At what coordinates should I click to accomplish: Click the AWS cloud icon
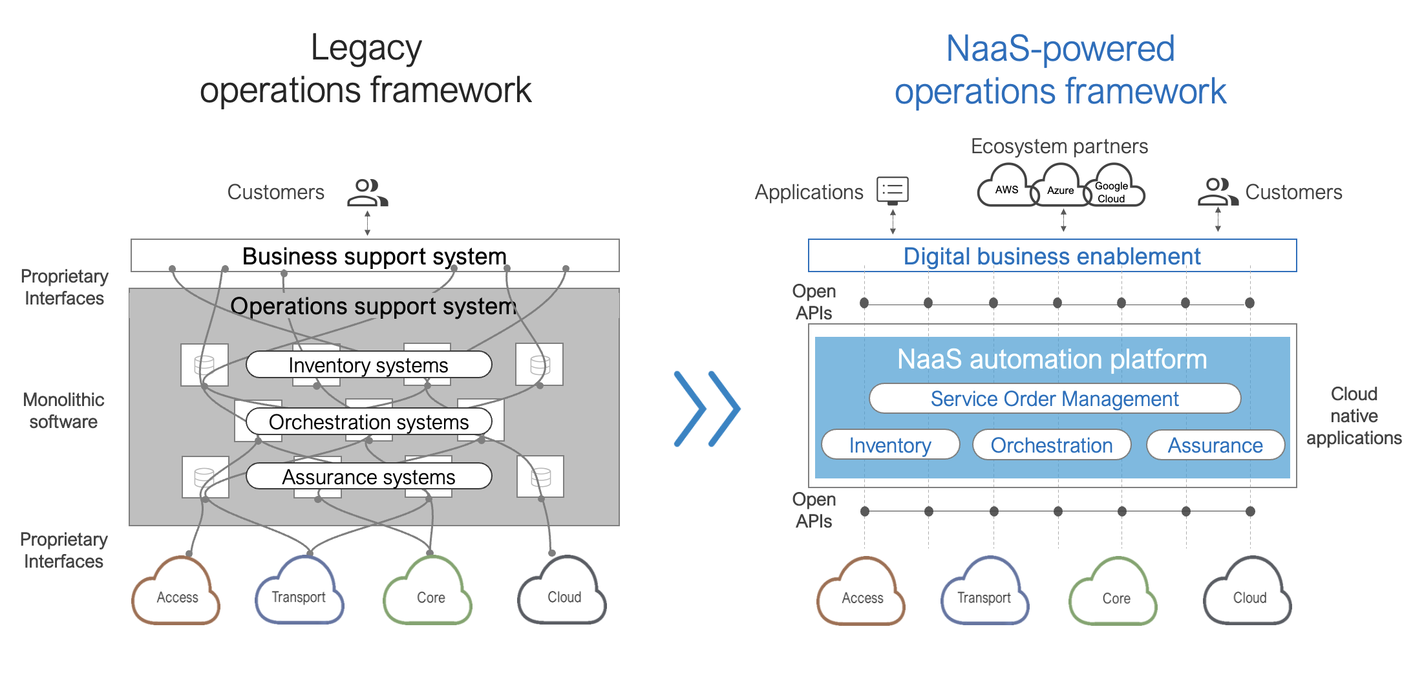tap(1006, 189)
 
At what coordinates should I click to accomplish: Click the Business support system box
tap(374, 256)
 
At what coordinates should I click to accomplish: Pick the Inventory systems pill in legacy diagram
tap(368, 365)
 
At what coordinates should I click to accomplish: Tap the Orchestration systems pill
tap(368, 422)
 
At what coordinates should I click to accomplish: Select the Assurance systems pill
tap(368, 477)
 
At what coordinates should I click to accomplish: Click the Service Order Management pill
tap(1054, 399)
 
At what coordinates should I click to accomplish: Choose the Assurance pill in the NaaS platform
tap(1215, 445)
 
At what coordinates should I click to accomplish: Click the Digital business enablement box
tap(1052, 256)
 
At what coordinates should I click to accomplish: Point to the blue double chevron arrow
tap(706, 409)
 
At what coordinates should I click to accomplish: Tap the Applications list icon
tap(893, 190)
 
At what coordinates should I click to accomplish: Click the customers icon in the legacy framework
tap(367, 193)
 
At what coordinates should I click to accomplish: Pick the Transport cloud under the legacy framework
tap(299, 593)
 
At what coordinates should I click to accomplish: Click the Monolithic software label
tap(63, 411)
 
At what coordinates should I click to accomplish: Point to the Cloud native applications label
tap(1354, 416)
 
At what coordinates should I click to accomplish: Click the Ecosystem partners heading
tap(1059, 146)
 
